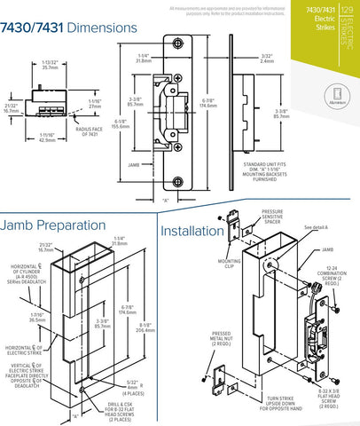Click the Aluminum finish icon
point(338,98)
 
